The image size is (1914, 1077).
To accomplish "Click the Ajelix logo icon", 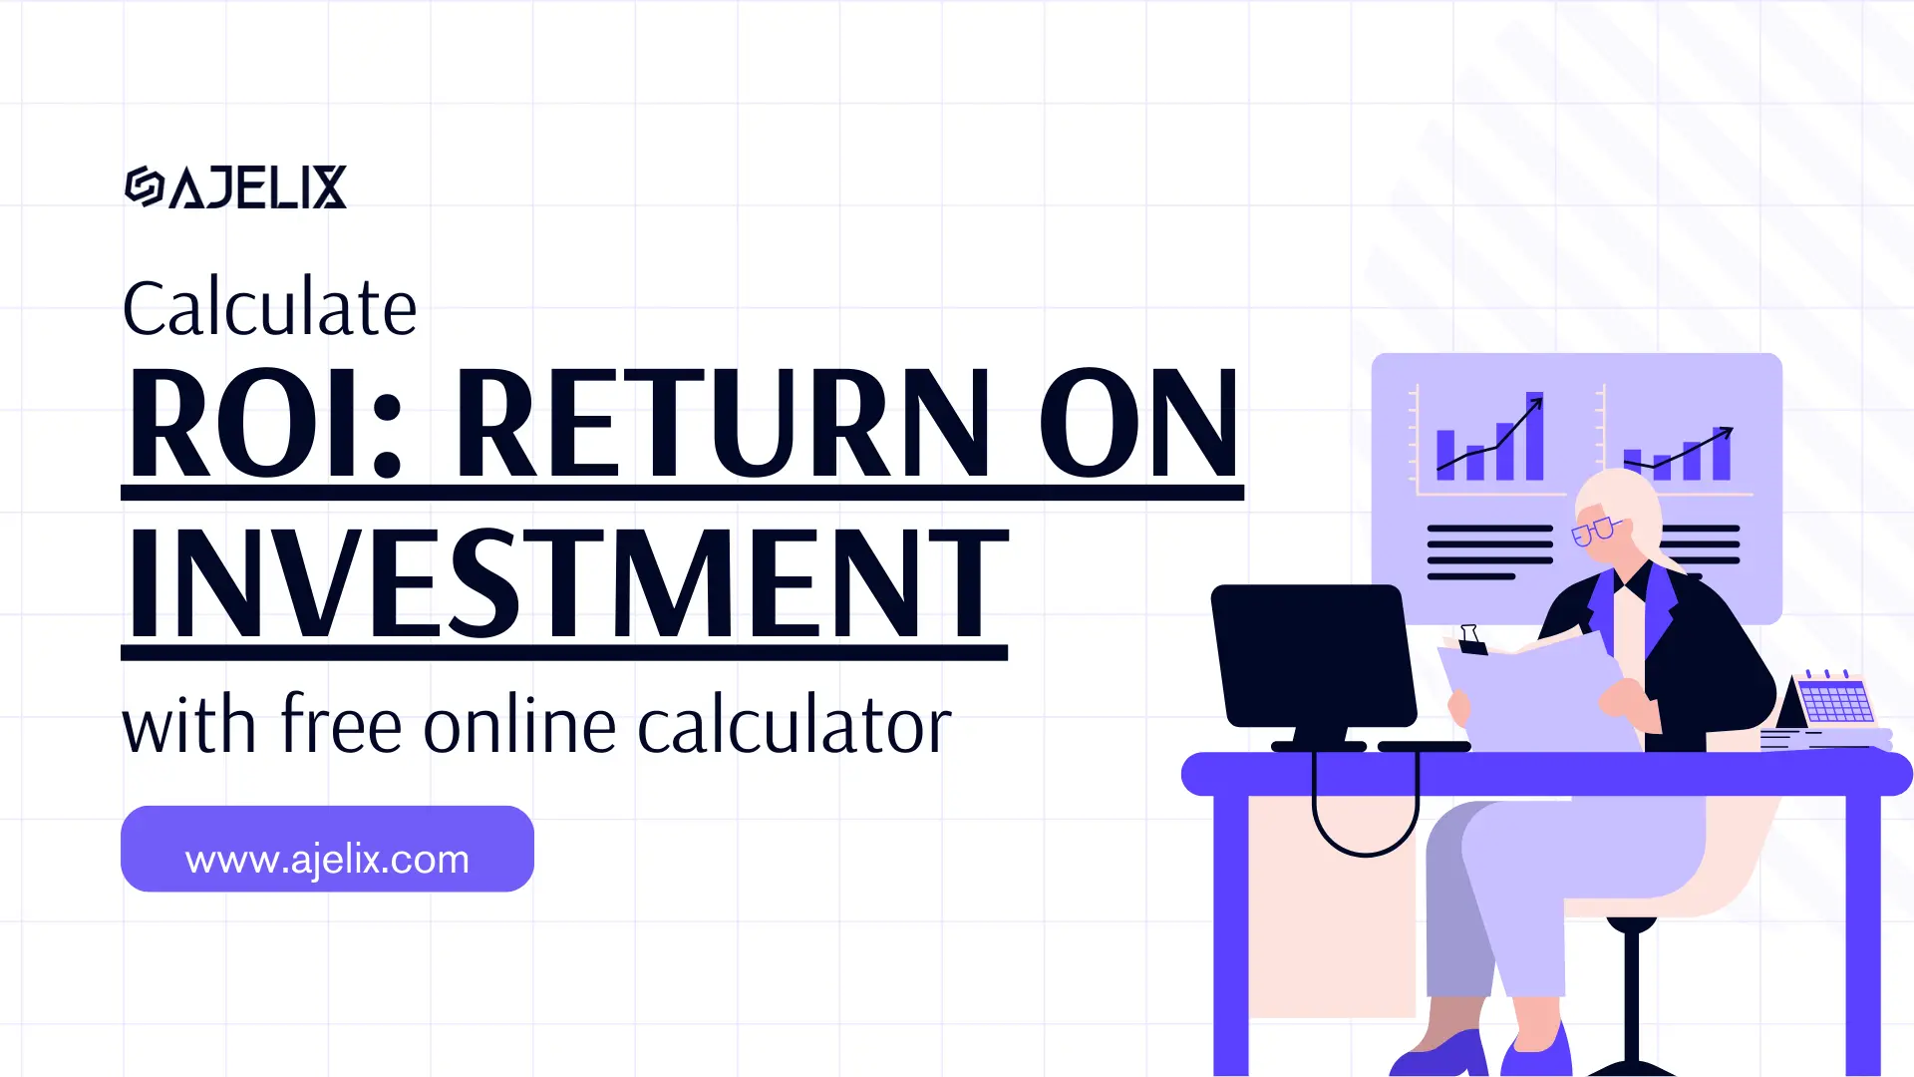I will click(x=144, y=186).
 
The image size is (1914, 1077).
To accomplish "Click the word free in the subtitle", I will click(x=341, y=725).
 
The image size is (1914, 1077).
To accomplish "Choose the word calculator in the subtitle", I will click(x=794, y=725).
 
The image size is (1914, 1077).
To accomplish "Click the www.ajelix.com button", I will click(x=327, y=850).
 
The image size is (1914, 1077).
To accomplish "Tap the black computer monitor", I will click(x=1314, y=655).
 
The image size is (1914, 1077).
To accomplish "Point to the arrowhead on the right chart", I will click(x=1727, y=432).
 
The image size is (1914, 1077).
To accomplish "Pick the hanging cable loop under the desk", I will click(x=1365, y=828).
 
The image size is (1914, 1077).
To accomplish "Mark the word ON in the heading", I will click(x=1138, y=424).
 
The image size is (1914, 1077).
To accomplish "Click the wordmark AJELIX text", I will click(x=258, y=187).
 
